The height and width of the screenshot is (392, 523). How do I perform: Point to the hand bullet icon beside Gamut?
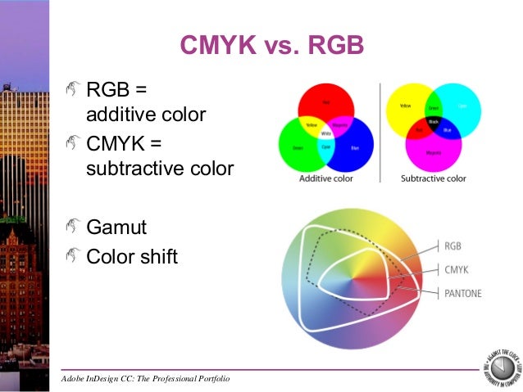point(73,227)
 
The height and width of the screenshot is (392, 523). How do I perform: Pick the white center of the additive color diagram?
point(326,131)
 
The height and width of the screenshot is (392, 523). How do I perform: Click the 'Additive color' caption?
point(325,178)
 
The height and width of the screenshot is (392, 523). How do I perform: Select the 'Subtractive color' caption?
point(434,178)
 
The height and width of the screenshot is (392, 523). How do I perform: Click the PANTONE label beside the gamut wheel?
point(463,292)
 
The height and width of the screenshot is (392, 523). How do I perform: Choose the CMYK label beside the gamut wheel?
point(457,268)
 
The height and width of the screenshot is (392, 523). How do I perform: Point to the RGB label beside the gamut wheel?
point(453,246)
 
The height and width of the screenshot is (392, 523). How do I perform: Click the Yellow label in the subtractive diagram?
point(403,106)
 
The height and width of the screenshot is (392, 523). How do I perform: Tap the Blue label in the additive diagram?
point(353,148)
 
